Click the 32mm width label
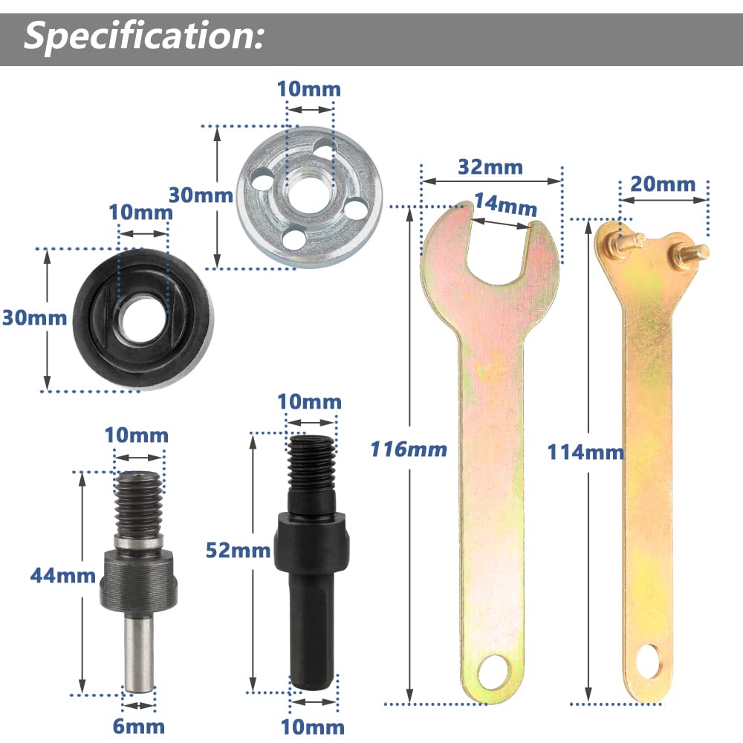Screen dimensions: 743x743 [x=490, y=166]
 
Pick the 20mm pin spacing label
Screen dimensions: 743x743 [x=663, y=184]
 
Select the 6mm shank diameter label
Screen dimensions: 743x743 [x=139, y=725]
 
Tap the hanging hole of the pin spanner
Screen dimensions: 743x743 [x=647, y=659]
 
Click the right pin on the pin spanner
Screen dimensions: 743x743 [x=692, y=252]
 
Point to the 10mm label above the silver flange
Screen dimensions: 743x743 [x=308, y=89]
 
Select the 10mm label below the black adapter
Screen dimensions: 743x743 [x=312, y=726]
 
